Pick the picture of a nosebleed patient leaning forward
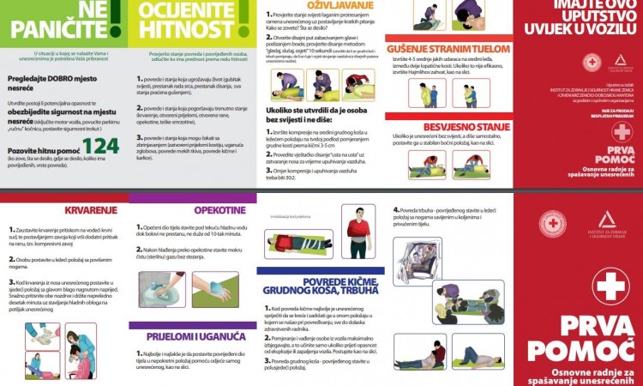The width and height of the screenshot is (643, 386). (x=82, y=357)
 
